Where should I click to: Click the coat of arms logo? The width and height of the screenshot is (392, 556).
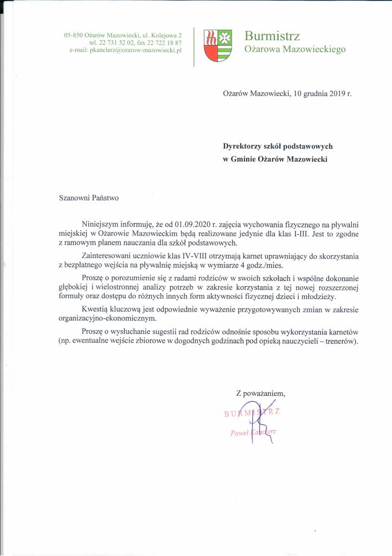pos(217,45)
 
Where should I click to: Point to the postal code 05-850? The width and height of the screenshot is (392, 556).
pos(74,35)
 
